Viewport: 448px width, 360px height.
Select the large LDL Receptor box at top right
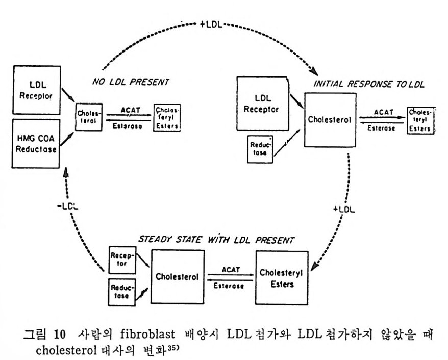pyautogui.click(x=262, y=104)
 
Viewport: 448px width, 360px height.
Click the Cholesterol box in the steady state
pyautogui.click(x=178, y=276)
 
